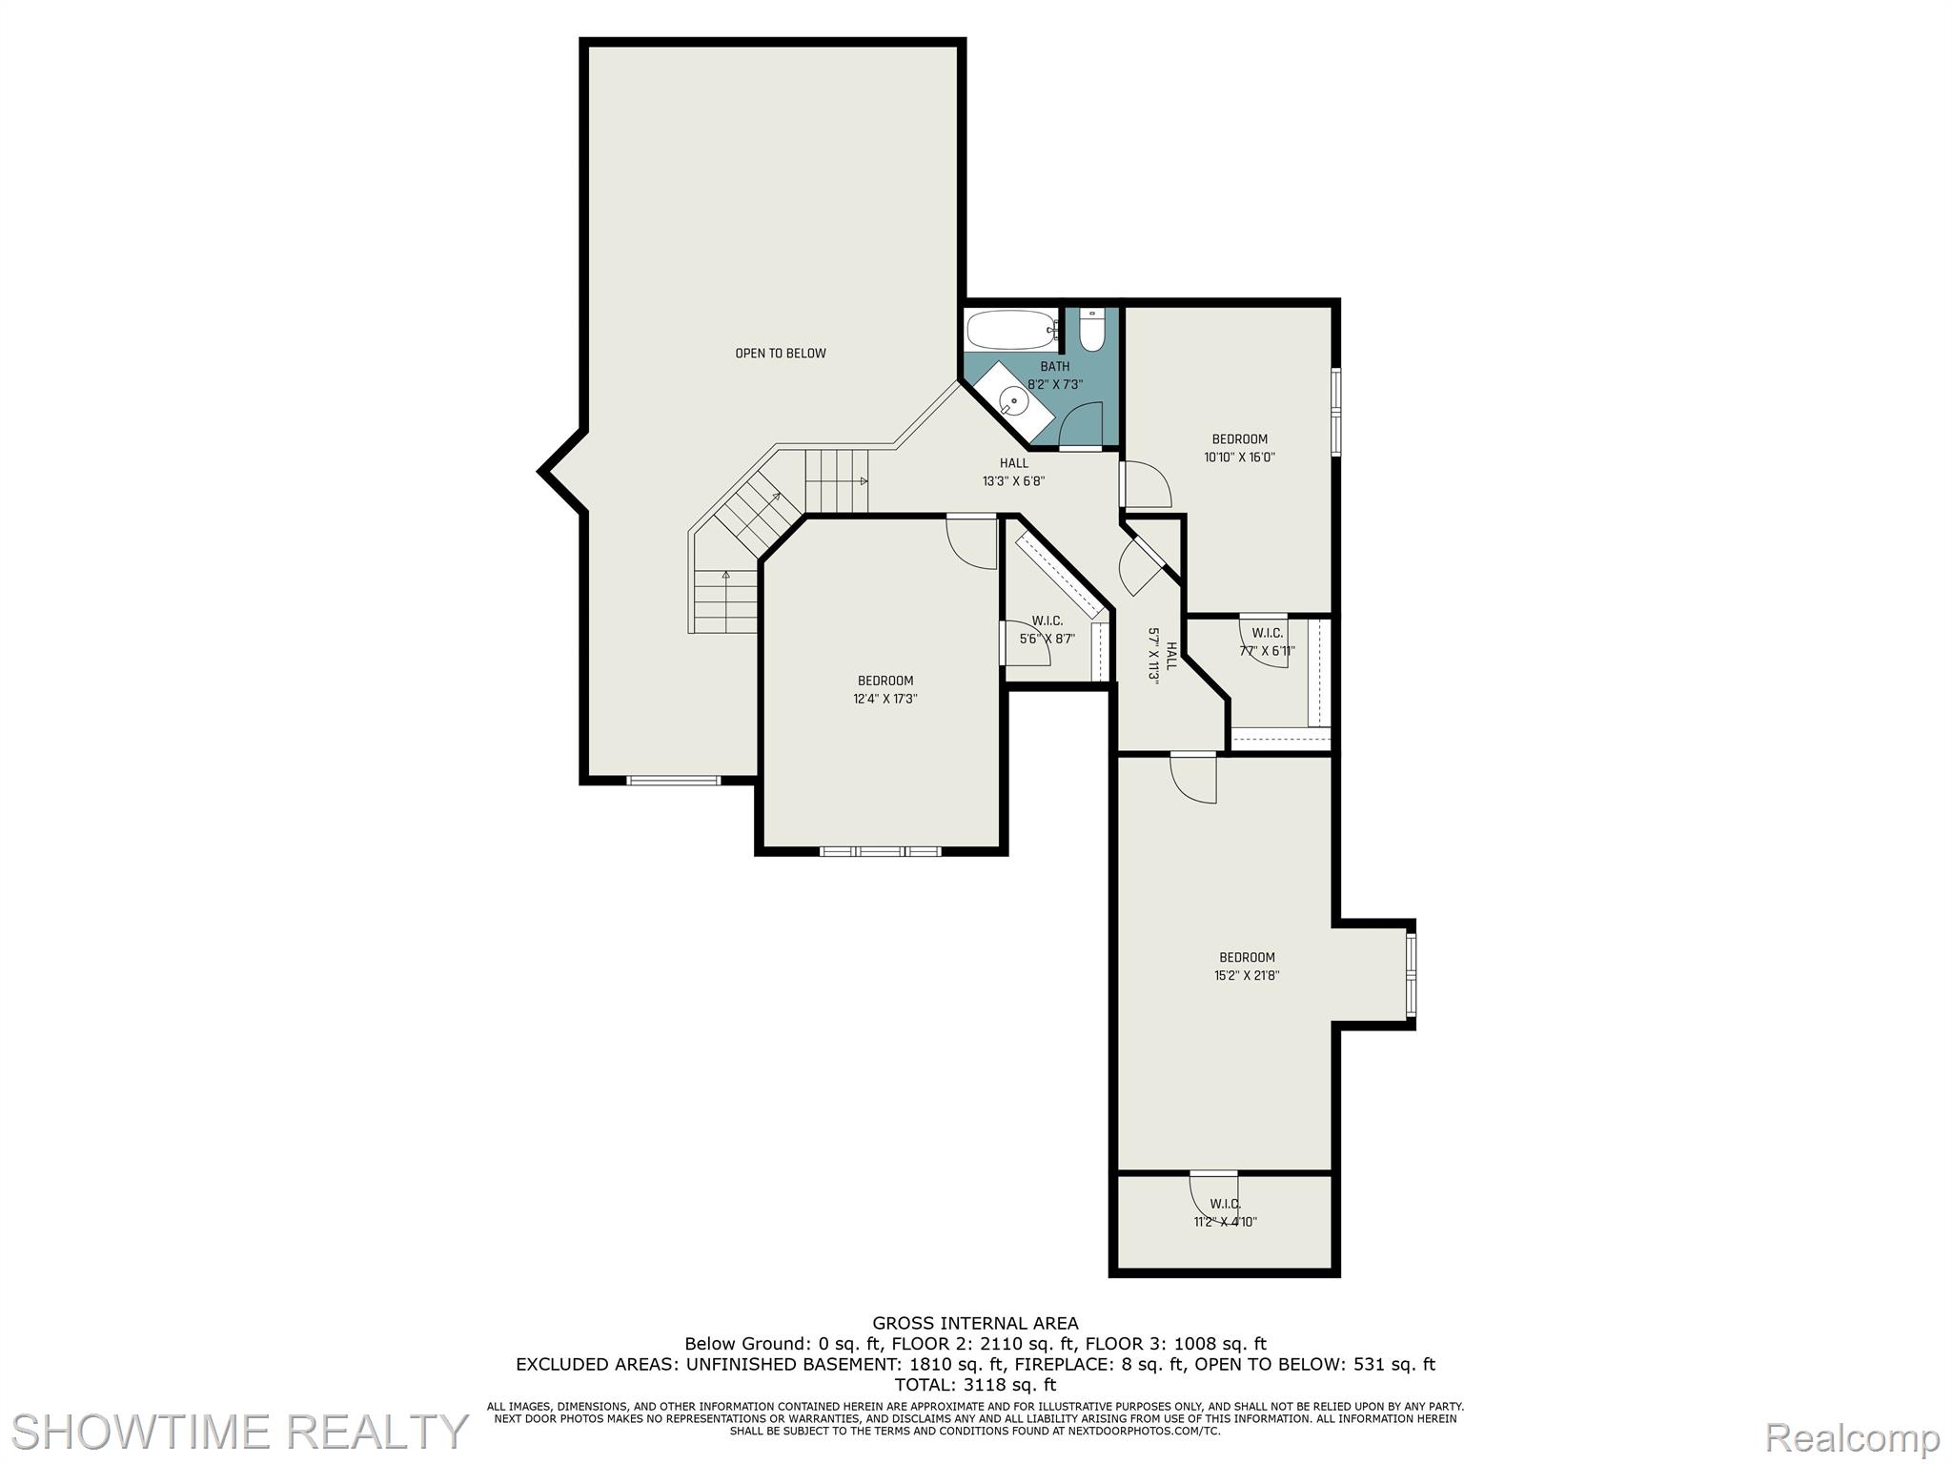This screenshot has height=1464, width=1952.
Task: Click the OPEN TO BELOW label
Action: [780, 354]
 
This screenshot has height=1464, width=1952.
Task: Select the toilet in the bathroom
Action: [1091, 332]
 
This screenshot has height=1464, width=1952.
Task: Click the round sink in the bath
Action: [1017, 401]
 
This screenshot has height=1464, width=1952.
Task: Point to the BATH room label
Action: [1054, 367]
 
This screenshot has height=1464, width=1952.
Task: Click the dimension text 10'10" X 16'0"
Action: [1239, 457]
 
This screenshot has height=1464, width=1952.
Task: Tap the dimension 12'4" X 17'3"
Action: [884, 699]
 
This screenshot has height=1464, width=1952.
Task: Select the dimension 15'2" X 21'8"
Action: [1247, 975]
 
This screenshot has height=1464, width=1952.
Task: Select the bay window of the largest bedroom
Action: [1411, 974]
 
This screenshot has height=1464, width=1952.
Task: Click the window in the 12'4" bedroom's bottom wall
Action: [881, 850]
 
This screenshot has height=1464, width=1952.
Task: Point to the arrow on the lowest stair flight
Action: [726, 576]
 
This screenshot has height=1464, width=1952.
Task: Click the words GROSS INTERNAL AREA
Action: [975, 1323]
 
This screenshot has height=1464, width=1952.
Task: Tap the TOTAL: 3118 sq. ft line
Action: [975, 1384]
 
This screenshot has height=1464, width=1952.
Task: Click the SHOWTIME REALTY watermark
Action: [238, 1432]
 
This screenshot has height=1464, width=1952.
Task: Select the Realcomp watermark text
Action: [1852, 1436]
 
